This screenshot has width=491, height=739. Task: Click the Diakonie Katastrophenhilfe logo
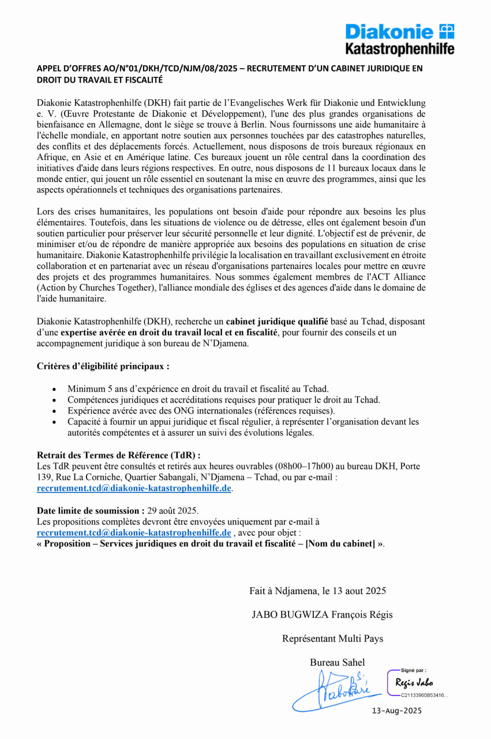tap(399, 39)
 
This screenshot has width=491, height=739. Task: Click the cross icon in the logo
tap(447, 31)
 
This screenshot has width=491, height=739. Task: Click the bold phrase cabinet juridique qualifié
tap(276, 322)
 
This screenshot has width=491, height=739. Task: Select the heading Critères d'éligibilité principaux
tap(103, 366)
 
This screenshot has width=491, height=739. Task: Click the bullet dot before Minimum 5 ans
tap(54, 389)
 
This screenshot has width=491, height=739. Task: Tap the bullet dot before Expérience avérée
tap(54, 411)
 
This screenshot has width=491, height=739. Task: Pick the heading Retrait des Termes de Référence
tap(118, 455)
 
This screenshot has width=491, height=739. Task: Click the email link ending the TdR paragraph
tap(134, 488)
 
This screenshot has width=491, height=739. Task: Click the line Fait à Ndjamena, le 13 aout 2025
tap(317, 591)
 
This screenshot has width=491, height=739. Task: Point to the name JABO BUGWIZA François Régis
tap(322, 614)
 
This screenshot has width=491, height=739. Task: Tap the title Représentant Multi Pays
tap(332, 639)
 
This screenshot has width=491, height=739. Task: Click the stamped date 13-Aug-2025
tap(397, 711)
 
